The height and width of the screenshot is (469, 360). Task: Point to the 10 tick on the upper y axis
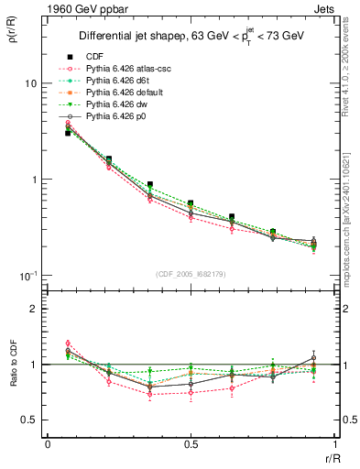coord(29,83)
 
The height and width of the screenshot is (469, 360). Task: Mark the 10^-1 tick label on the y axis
coord(27,276)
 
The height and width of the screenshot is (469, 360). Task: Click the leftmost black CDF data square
coord(68,133)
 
